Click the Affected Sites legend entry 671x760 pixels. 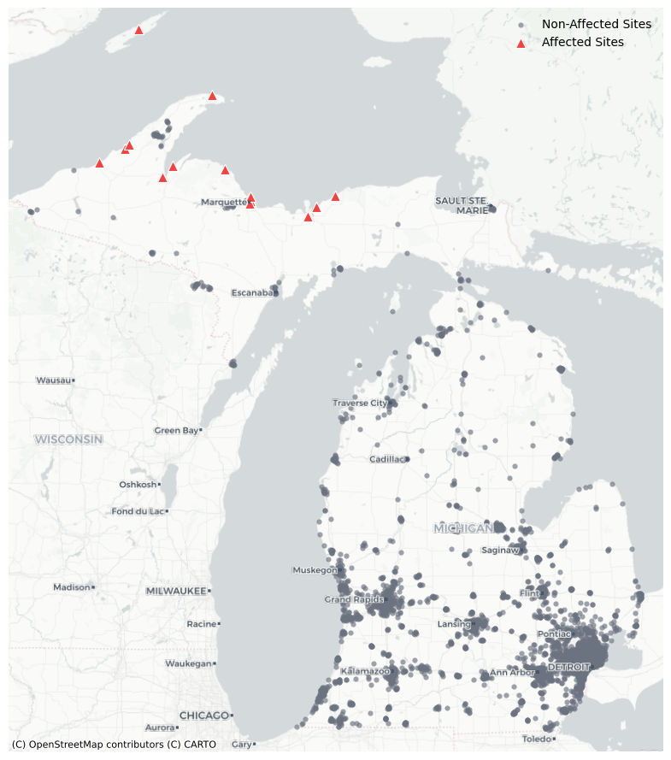point(582,42)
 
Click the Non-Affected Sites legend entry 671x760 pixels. point(596,24)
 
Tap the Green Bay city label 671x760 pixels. point(176,430)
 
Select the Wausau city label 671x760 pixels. point(53,380)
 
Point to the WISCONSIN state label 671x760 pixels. point(68,439)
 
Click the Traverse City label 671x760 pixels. point(360,403)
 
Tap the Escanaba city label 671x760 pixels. point(253,293)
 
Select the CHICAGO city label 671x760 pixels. point(204,715)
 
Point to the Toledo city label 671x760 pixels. point(537,739)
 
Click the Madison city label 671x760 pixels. point(71,587)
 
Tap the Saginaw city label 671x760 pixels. point(500,550)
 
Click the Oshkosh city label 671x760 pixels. point(138,485)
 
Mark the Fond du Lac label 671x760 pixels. point(138,511)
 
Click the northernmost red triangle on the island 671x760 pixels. point(138,30)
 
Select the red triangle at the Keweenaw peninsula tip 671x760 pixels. point(212,96)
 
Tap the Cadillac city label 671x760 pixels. point(387,459)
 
